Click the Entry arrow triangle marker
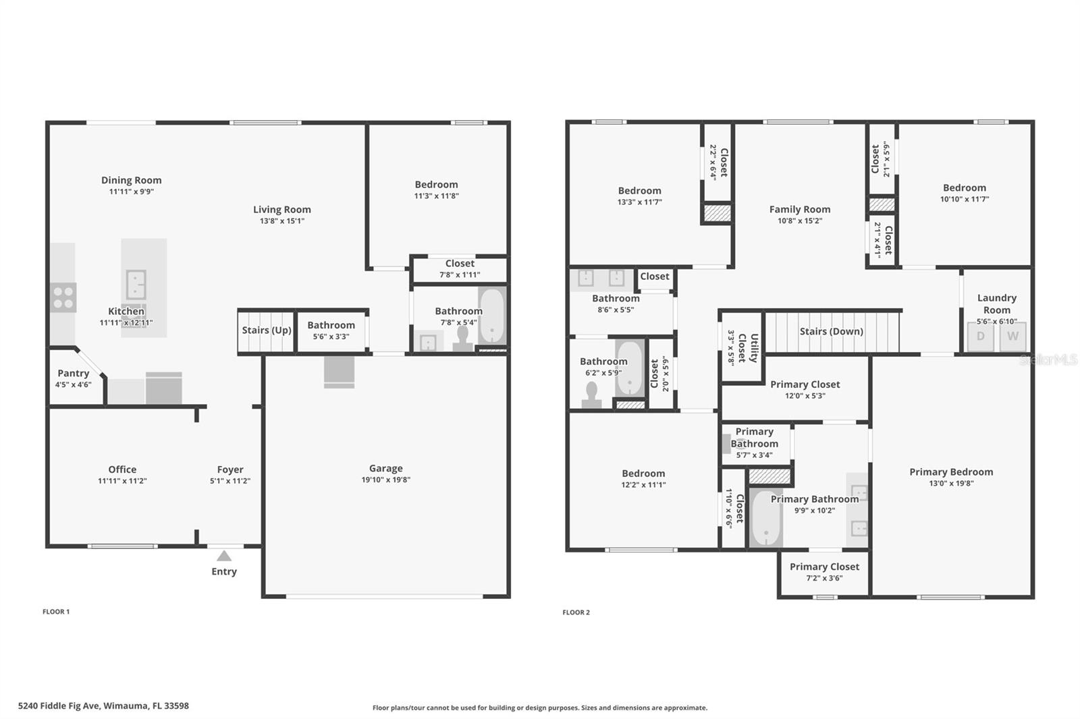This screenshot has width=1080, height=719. click(224, 556)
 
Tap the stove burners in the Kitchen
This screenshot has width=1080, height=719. click(63, 297)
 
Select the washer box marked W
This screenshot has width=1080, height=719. click(1013, 336)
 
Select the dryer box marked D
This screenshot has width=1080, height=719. click(980, 336)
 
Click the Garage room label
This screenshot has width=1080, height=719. click(385, 468)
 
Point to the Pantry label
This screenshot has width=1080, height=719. click(73, 373)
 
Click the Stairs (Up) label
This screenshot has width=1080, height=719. click(267, 330)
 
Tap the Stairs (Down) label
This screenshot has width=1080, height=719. click(831, 331)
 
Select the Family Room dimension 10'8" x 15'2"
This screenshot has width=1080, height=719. click(799, 221)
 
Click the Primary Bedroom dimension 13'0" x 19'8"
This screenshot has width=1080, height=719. click(950, 483)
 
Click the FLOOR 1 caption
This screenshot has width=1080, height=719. click(56, 612)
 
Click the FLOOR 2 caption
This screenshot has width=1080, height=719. click(576, 612)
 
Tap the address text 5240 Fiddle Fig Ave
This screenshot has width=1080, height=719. click(103, 706)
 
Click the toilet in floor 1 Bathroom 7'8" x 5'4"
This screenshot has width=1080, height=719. click(463, 339)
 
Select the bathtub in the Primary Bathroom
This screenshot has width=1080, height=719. click(766, 518)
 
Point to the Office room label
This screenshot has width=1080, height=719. click(122, 469)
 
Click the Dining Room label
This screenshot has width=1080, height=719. click(131, 180)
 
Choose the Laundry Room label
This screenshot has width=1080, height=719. click(996, 304)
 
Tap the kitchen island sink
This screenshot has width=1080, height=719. click(136, 284)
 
